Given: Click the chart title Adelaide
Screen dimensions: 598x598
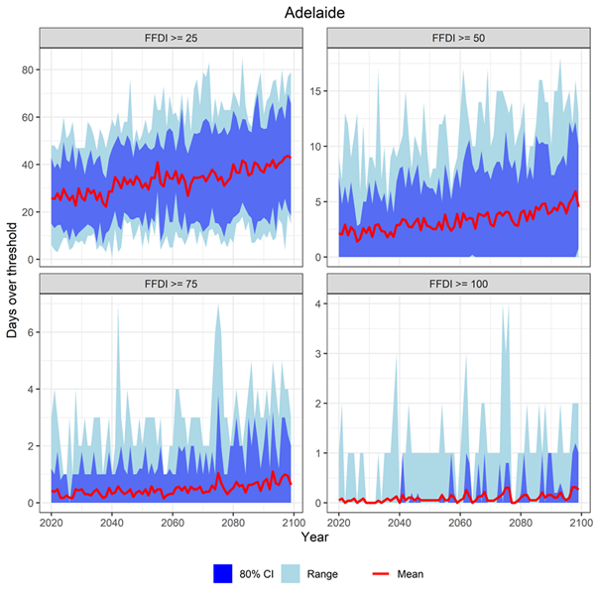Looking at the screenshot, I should pos(314,13).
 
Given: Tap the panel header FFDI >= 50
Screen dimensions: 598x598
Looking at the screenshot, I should pos(458,38).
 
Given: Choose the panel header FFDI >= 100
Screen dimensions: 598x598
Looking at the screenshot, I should pos(458,284).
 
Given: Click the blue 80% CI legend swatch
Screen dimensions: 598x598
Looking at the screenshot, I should pos(223,573).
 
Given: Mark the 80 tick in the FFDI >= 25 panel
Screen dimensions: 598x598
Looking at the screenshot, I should pos(30,69).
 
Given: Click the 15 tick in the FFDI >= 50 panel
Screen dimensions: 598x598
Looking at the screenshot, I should pos(319,91).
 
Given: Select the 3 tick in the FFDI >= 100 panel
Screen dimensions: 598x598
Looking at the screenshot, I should pos(319,353).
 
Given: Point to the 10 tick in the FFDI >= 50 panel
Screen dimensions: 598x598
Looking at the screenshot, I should pos(319,147).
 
